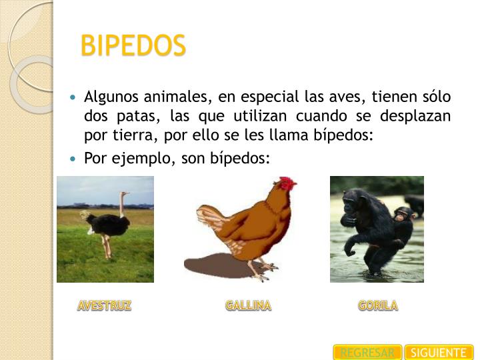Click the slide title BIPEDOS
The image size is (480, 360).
coord(133,46)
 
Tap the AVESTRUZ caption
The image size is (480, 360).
coord(104,306)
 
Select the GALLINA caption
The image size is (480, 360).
coord(248,306)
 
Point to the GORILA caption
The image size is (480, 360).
coord(377,306)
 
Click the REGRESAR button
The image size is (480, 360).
coord(367,353)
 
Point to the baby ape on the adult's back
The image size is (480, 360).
coord(402,219)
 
